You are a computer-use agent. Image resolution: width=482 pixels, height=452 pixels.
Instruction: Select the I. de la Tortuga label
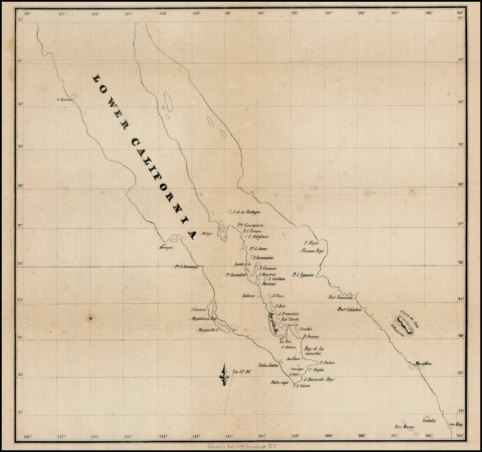tap(246, 212)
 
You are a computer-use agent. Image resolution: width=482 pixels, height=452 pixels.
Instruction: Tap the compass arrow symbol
tap(223, 374)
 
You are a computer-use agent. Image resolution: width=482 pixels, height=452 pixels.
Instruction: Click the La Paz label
tap(285, 341)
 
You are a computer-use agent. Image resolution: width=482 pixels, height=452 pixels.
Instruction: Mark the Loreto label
tap(240, 264)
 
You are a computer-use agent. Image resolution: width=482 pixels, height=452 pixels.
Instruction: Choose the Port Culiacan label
tap(349, 310)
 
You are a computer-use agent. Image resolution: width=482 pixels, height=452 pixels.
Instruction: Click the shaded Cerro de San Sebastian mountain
tap(404, 323)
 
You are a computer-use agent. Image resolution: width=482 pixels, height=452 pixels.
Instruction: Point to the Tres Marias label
tap(404, 427)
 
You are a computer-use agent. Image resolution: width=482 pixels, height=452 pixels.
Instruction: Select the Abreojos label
tap(165, 248)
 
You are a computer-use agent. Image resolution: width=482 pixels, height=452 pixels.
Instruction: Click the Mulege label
tap(207, 234)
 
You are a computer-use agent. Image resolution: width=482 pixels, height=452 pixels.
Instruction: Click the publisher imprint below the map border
tap(241, 447)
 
